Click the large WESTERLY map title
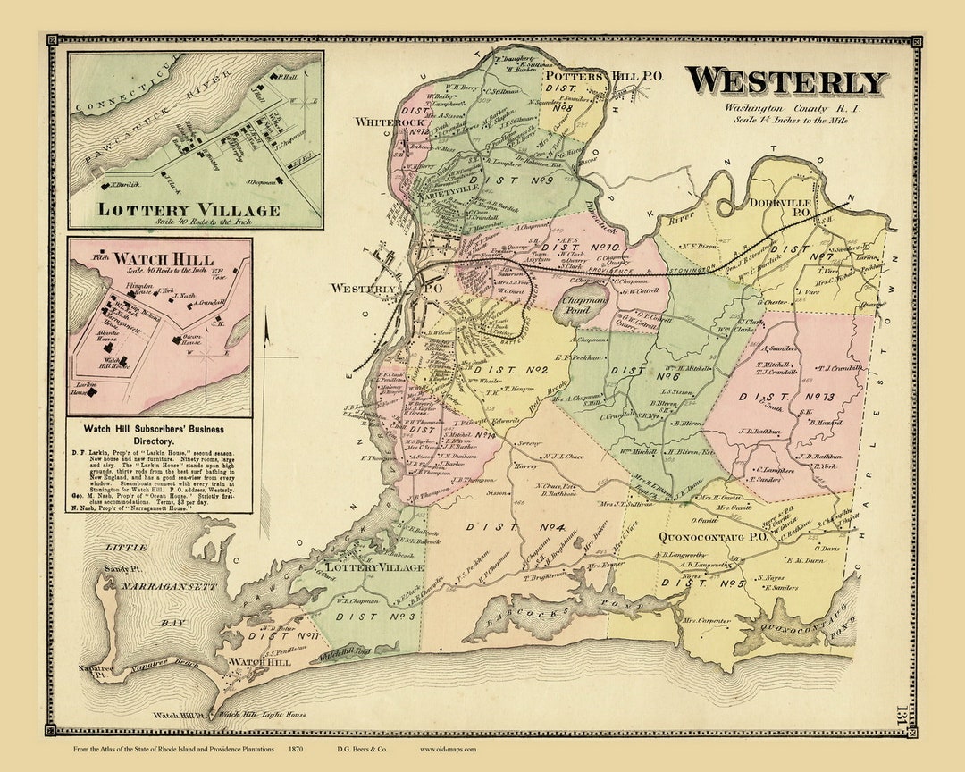(786, 82)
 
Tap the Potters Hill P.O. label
(604, 77)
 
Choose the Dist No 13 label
(781, 396)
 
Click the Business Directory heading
(159, 436)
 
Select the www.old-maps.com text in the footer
(448, 749)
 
